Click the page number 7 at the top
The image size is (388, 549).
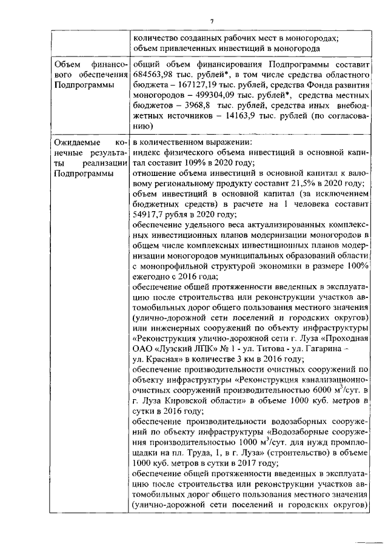[212, 22]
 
